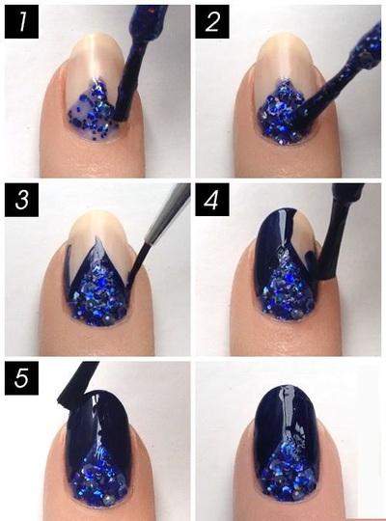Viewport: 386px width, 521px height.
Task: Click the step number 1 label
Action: (21, 21)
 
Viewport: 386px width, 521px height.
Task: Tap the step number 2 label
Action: (212, 21)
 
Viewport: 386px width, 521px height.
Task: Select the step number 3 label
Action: (21, 200)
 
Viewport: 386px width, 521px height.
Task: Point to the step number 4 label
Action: (212, 200)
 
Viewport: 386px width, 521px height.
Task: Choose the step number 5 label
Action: (21, 378)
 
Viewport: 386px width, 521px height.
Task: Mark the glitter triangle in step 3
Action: (98, 292)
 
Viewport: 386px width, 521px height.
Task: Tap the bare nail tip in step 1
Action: (96, 57)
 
